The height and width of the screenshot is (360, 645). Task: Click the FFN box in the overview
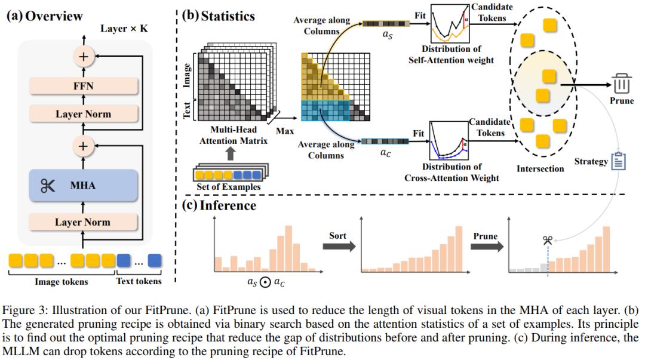(83, 87)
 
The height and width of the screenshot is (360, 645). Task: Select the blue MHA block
(83, 186)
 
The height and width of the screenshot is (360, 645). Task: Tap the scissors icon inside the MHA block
(47, 186)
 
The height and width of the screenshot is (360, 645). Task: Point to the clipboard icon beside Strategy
(618, 161)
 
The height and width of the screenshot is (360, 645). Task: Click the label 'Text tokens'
(139, 282)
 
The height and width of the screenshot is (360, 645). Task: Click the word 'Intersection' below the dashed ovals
(540, 168)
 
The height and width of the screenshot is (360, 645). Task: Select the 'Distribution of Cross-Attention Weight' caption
(452, 173)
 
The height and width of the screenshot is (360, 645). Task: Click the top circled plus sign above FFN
(83, 57)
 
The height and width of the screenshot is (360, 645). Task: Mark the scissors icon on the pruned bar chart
(547, 241)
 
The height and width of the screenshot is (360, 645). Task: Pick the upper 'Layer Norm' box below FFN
(83, 113)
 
